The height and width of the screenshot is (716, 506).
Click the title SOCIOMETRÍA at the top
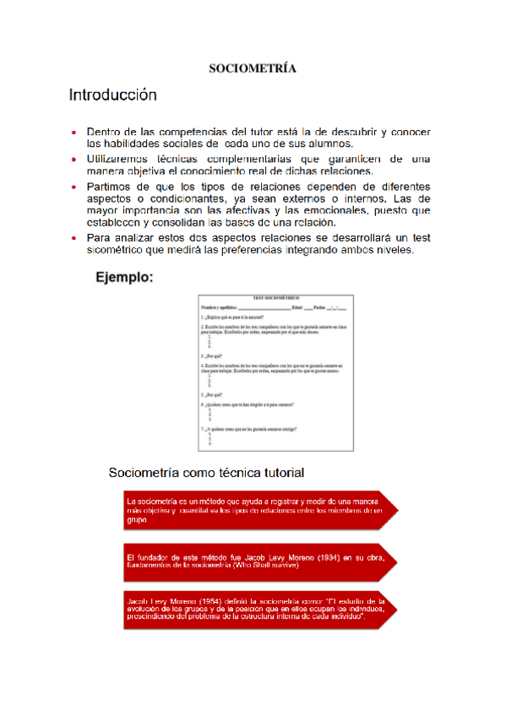pyautogui.click(x=253, y=68)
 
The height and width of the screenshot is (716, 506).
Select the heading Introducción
pyautogui.click(x=112, y=95)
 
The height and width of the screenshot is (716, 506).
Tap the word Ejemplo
pyautogui.click(x=124, y=277)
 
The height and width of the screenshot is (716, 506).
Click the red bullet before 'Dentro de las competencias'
pyautogui.click(x=74, y=133)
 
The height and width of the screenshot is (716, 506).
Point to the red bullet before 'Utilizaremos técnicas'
pyautogui.click(x=74, y=159)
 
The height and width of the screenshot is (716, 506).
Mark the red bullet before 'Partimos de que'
pyautogui.click(x=74, y=186)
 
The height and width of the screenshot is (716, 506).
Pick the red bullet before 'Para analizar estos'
pyautogui.click(x=74, y=239)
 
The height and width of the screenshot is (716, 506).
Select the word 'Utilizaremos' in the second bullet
pyautogui.click(x=123, y=159)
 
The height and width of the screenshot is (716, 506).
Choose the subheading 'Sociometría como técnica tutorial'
pyautogui.click(x=206, y=472)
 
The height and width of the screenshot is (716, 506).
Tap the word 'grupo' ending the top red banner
pyautogui.click(x=136, y=521)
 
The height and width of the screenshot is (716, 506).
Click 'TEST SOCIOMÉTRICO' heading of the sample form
pyautogui.click(x=276, y=298)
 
